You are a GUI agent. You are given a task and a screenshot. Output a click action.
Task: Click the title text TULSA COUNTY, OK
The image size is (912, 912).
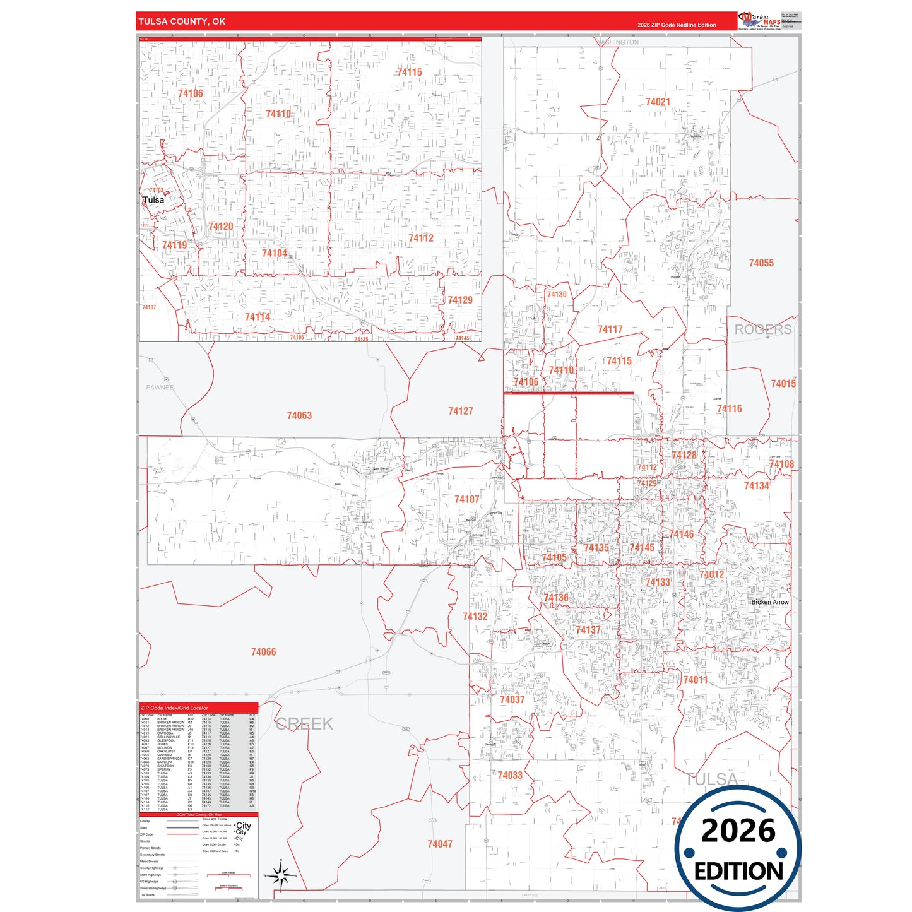pos(182,21)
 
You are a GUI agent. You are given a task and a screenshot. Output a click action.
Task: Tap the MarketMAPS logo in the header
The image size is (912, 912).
pos(759,21)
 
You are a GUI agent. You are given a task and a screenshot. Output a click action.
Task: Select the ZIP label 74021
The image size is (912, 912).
pos(658,102)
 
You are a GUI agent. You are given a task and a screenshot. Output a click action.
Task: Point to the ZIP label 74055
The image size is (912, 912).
pos(761,263)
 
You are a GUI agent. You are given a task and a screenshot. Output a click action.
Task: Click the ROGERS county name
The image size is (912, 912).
pos(762,329)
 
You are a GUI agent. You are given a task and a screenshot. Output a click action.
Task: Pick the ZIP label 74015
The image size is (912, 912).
pos(783,384)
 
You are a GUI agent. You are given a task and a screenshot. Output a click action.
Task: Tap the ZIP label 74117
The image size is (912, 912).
pos(610,329)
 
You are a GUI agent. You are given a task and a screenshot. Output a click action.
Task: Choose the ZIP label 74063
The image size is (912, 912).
pos(299,415)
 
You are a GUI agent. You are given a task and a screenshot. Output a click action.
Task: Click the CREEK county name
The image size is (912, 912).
pos(304,724)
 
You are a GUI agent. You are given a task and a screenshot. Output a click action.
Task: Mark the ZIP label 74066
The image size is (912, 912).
pos(263,652)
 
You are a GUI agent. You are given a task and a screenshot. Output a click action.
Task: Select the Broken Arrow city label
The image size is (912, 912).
pos(770,602)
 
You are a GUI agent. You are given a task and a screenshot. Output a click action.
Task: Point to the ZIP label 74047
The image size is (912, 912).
pos(440,844)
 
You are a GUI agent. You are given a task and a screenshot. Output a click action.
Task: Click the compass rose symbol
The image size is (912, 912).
pos(281,875)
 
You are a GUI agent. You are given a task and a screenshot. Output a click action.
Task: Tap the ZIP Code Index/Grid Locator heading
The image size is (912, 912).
pos(174,708)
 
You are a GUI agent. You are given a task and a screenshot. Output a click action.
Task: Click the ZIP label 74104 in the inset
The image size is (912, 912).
pos(275,253)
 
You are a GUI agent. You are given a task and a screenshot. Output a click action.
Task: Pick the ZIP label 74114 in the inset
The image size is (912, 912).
pos(258,317)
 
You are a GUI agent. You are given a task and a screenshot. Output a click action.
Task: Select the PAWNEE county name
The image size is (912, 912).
pos(160,388)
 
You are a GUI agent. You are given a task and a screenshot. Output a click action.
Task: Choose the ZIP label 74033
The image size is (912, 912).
pos(510,775)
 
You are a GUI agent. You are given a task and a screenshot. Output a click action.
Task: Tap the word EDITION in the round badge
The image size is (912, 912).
pos(738,872)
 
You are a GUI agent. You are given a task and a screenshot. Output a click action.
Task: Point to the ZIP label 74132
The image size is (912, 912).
pos(475,617)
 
